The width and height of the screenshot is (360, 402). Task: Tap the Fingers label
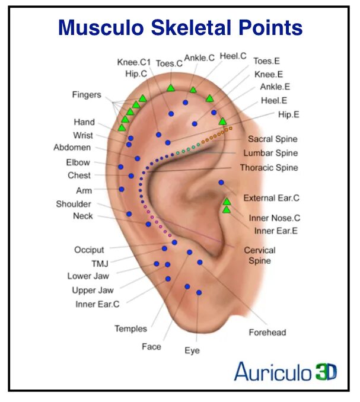[x=87, y=95]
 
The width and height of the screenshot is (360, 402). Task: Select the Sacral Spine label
[x=273, y=139]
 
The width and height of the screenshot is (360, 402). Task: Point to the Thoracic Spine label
[x=269, y=168]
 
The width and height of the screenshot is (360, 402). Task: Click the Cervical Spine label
[x=260, y=256]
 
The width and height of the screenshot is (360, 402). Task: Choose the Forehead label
[x=267, y=333]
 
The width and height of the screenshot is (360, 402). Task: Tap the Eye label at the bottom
[x=192, y=351]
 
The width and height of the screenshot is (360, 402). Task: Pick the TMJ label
[x=100, y=263]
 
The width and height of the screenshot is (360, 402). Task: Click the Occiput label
[x=89, y=250]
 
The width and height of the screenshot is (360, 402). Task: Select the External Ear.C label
[x=272, y=198]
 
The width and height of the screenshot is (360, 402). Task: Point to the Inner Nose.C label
[x=275, y=218]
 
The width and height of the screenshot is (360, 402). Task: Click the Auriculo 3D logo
[x=285, y=372]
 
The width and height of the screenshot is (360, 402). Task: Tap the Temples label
[x=130, y=328]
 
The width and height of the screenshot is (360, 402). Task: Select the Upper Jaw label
[x=93, y=291]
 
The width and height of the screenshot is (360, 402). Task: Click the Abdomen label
[x=72, y=148]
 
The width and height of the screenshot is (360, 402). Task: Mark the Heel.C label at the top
[x=233, y=56]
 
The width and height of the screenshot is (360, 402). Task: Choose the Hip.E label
[x=288, y=114]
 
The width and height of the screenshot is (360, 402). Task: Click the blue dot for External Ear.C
[x=221, y=183]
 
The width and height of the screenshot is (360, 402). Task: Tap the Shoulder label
[x=74, y=204]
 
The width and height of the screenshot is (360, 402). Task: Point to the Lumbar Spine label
[x=270, y=154]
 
